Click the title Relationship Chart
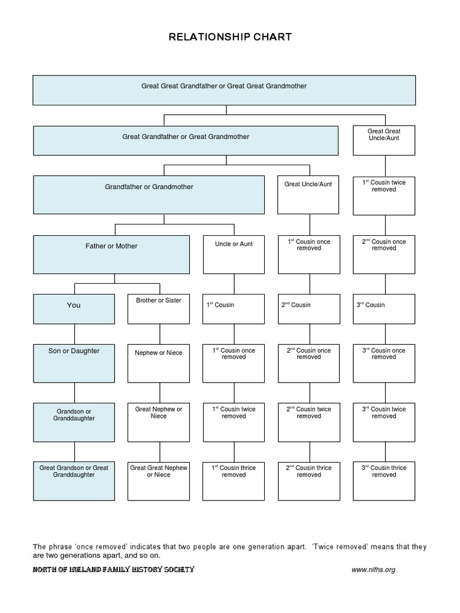[230, 37]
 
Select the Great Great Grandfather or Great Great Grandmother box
[224, 90]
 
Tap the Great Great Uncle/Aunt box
[384, 140]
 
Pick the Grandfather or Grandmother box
[149, 195]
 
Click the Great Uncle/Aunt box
[308, 195]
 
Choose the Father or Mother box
[111, 254]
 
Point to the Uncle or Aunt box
[234, 254]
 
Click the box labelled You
[74, 309]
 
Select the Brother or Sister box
[159, 309]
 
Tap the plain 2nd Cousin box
[308, 309]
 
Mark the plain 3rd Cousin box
[384, 309]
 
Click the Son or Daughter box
[74, 363]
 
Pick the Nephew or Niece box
[159, 363]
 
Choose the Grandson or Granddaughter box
[74, 421]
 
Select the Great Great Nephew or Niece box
[159, 481]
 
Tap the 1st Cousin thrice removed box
[234, 481]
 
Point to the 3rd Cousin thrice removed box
[384, 481]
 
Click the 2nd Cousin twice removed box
[308, 421]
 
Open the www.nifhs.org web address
[373, 569]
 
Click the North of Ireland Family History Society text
[114, 569]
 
